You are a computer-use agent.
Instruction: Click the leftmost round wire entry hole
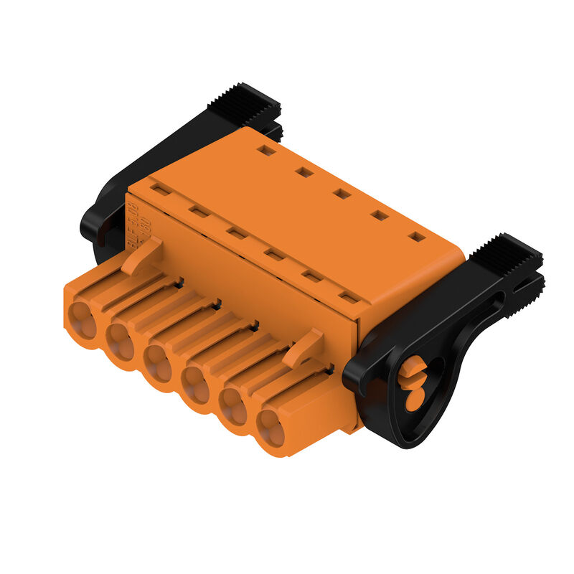pyautogui.click(x=83, y=321)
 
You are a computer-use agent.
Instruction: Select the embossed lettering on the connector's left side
pyautogui.click(x=133, y=223)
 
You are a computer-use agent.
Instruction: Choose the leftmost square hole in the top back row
pyautogui.click(x=266, y=150)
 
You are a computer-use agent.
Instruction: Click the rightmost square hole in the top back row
pyautogui.click(x=416, y=236)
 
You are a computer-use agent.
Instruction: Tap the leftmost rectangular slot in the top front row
pyautogui.click(x=161, y=189)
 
